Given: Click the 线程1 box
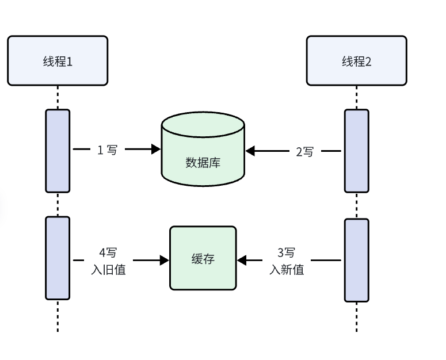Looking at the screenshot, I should (58, 60).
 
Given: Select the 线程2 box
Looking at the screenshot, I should (356, 60).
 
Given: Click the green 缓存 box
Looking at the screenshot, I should (203, 258).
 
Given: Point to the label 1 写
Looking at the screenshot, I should (107, 150).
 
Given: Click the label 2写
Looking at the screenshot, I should (305, 152).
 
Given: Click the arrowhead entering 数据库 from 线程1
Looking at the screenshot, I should (156, 150).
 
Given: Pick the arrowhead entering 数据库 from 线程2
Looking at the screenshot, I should (250, 151).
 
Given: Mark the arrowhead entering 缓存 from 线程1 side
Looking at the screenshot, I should (165, 261).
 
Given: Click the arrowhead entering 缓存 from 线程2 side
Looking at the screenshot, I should (242, 261).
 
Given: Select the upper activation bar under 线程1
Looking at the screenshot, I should (58, 151).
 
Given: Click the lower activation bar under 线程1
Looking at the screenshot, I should (58, 258).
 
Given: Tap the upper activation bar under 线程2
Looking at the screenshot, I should (356, 151).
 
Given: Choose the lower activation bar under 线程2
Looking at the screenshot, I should (356, 260).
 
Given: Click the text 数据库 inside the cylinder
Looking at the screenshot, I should (203, 163).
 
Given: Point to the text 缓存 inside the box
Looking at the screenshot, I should (203, 259).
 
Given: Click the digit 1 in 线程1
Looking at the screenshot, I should (70, 62).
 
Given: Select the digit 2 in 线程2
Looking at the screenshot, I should (368, 62).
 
